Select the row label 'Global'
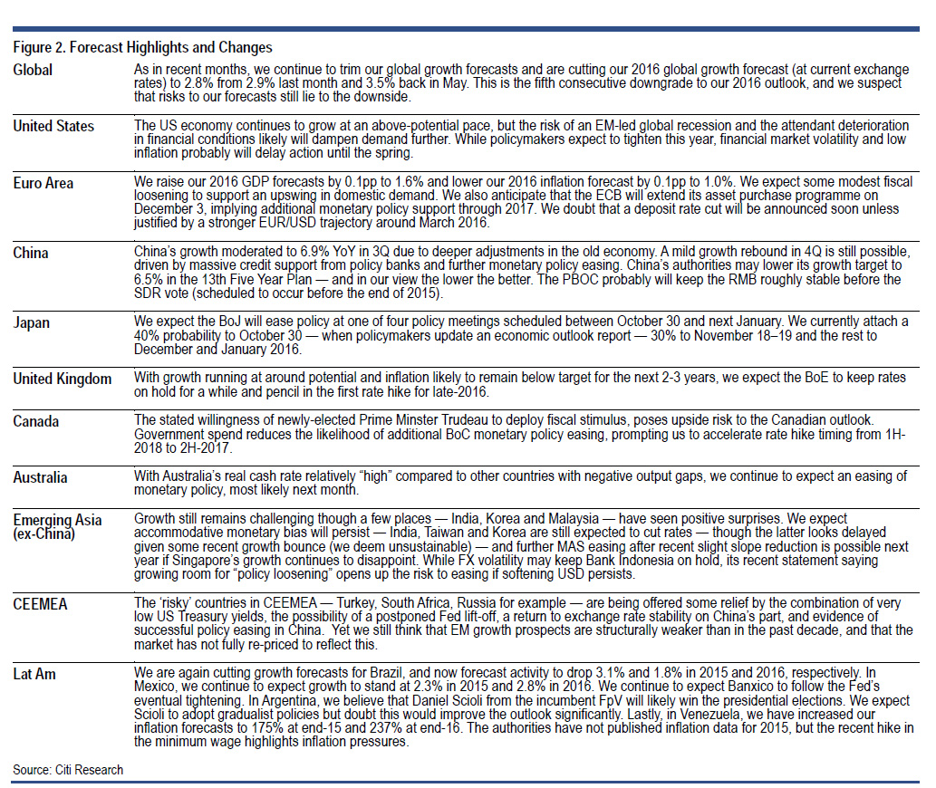pyautogui.click(x=33, y=70)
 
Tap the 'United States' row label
pyautogui.click(x=53, y=126)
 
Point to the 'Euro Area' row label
pyautogui.click(x=43, y=183)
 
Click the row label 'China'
pyautogui.click(x=31, y=253)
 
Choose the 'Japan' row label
pyautogui.click(x=32, y=322)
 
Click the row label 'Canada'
pyautogui.click(x=35, y=421)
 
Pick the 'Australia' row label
pyautogui.click(x=40, y=476)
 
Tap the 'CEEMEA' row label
pyautogui.click(x=39, y=603)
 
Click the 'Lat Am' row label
pyautogui.click(x=35, y=674)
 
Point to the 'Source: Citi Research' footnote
pyautogui.click(x=68, y=770)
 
